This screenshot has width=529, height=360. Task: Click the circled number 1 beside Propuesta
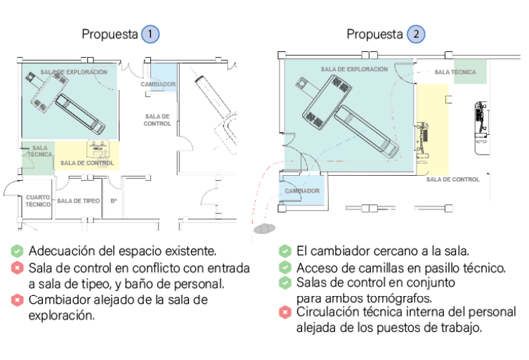click(x=150, y=34)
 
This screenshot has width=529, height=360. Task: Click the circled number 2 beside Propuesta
click(x=417, y=34)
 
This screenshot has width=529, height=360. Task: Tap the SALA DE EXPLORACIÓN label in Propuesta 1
click(x=74, y=72)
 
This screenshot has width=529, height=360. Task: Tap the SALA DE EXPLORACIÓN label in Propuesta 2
click(x=354, y=70)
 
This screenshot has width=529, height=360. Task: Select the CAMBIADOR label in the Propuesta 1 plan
click(x=158, y=84)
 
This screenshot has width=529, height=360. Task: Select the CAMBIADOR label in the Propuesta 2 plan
click(x=303, y=191)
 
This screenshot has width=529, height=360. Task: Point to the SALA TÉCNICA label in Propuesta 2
click(x=455, y=72)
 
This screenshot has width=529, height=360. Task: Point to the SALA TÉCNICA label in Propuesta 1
click(x=39, y=151)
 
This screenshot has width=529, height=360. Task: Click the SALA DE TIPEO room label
click(x=78, y=201)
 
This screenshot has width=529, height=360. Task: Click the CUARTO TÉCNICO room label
click(x=38, y=201)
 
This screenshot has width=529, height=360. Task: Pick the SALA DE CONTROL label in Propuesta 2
click(x=452, y=179)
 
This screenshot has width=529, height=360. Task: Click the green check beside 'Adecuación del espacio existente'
click(x=18, y=251)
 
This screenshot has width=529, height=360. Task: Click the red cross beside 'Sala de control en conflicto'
click(x=18, y=268)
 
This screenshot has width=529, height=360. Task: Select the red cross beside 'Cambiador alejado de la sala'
click(x=18, y=300)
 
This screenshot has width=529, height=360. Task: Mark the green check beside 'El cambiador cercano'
click(x=285, y=251)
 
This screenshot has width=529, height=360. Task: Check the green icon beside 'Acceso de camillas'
click(x=285, y=267)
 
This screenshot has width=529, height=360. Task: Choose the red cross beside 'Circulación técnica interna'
click(x=285, y=312)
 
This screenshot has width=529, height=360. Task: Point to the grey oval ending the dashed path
click(x=265, y=228)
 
